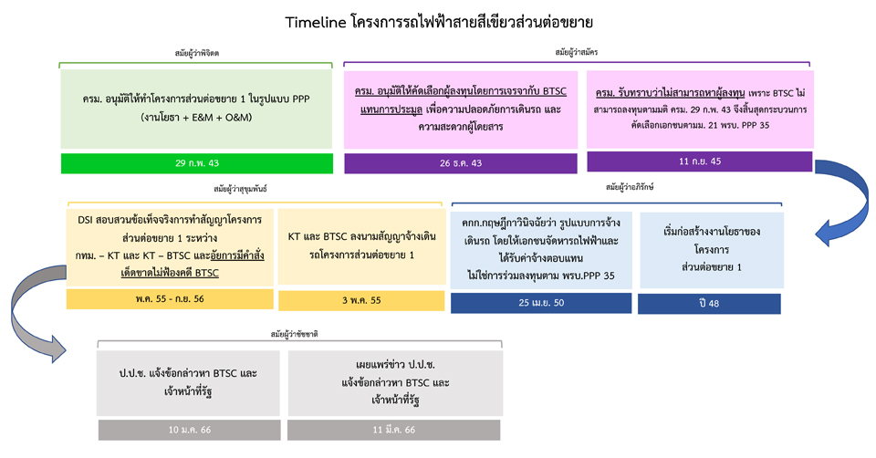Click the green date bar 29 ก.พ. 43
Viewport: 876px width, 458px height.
[x=197, y=163]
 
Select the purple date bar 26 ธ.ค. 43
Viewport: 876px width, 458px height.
[x=460, y=163]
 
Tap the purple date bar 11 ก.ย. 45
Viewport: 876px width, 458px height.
[x=700, y=161]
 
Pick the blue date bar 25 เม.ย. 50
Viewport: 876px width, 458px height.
[x=541, y=303]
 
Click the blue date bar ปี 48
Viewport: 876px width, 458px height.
[x=709, y=304]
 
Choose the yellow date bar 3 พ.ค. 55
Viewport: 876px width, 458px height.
[x=361, y=300]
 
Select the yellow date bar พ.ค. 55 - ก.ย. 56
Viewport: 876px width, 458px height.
[x=170, y=299]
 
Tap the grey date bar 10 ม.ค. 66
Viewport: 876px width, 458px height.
[x=190, y=430]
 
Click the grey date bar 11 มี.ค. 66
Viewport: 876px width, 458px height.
[x=394, y=430]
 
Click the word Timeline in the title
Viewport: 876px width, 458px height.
[x=316, y=22]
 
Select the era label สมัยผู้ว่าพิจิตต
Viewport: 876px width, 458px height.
[x=197, y=53]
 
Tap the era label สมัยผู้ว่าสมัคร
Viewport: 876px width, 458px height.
[x=577, y=52]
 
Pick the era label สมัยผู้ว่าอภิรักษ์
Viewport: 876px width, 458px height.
[x=630, y=187]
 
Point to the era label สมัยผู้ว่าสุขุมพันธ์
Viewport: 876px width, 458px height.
[x=240, y=189]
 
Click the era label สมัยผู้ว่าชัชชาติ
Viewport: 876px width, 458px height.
[x=295, y=334]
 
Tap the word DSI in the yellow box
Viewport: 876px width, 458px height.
[x=85, y=220]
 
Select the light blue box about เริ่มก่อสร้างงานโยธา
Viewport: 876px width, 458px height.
[x=712, y=250]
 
